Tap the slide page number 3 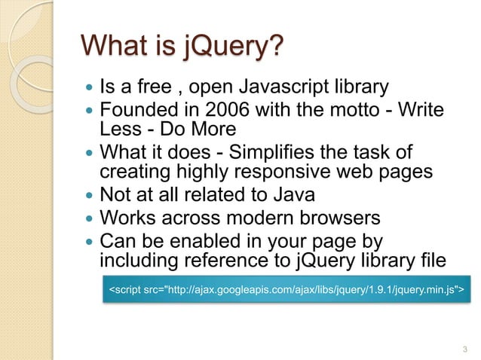(463, 348)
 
